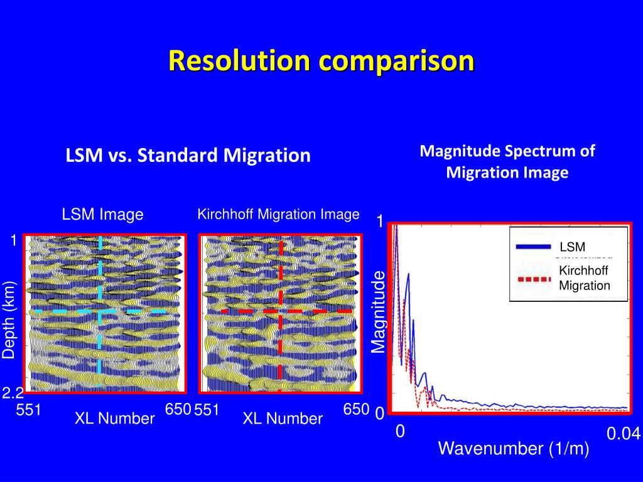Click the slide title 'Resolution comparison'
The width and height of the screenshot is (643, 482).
(321, 62)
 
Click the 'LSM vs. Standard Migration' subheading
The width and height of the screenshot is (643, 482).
(188, 155)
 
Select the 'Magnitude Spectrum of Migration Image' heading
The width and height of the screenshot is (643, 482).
(507, 161)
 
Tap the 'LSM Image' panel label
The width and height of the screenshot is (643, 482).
(102, 215)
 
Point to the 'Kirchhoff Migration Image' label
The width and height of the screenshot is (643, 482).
(278, 214)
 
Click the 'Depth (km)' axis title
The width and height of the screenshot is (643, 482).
(9, 321)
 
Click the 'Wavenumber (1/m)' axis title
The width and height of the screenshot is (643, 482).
(513, 449)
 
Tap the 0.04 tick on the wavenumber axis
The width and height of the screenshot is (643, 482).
(623, 434)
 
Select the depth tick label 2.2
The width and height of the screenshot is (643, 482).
(13, 394)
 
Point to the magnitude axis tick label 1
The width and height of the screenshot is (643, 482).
(379, 222)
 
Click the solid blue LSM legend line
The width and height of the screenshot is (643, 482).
(533, 247)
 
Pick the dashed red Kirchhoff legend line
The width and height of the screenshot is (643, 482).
(533, 279)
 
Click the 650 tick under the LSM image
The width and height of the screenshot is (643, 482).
(178, 410)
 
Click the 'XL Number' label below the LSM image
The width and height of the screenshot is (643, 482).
(115, 419)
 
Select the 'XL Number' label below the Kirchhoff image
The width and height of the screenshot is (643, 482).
(283, 419)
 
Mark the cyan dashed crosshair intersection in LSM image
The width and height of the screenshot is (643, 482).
(99, 311)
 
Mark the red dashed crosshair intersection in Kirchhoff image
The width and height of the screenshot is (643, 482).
(280, 311)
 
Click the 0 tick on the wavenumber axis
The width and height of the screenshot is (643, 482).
(400, 432)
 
